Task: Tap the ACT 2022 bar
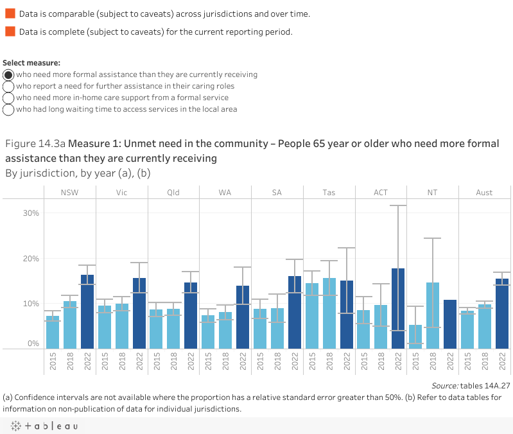[398, 309]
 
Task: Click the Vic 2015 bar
[105, 327]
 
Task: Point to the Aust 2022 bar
[501, 314]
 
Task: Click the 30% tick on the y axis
[31, 213]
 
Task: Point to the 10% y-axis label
[31, 304]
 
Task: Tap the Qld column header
[173, 193]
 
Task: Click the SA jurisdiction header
[277, 193]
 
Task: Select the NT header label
[433, 193]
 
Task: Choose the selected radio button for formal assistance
[9, 74]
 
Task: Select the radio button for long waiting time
[9, 109]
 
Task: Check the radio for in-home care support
[9, 98]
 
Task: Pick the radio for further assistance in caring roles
[9, 86]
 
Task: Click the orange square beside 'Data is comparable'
[10, 13]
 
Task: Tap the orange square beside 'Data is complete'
[10, 31]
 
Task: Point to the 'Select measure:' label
[31, 63]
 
